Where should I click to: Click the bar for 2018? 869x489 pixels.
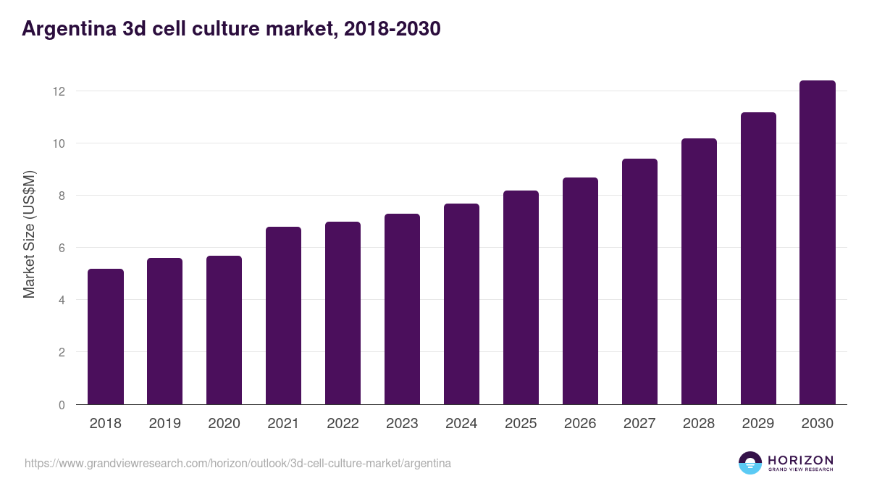pyautogui.click(x=106, y=337)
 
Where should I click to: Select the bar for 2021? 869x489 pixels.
pyautogui.click(x=283, y=316)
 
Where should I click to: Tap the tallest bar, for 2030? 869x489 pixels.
pyautogui.click(x=818, y=243)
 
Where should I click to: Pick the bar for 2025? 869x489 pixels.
pyautogui.click(x=521, y=298)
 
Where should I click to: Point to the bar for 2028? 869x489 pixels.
pyautogui.click(x=699, y=272)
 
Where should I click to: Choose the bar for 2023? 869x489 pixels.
pyautogui.click(x=402, y=309)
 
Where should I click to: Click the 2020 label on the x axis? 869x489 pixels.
pyautogui.click(x=224, y=424)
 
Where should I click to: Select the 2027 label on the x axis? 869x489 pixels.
pyautogui.click(x=639, y=424)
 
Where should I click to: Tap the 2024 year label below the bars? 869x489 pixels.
pyautogui.click(x=461, y=424)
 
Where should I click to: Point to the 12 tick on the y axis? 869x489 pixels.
pyautogui.click(x=59, y=91)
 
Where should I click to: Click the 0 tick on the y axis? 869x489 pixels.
pyautogui.click(x=62, y=405)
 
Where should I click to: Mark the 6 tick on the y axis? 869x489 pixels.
pyautogui.click(x=62, y=248)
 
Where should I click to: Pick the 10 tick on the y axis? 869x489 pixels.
pyautogui.click(x=59, y=143)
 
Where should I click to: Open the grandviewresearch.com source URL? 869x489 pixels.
pyautogui.click(x=238, y=463)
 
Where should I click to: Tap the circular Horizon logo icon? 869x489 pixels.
pyautogui.click(x=750, y=463)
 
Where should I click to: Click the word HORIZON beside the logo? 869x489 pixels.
pyautogui.click(x=800, y=460)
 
